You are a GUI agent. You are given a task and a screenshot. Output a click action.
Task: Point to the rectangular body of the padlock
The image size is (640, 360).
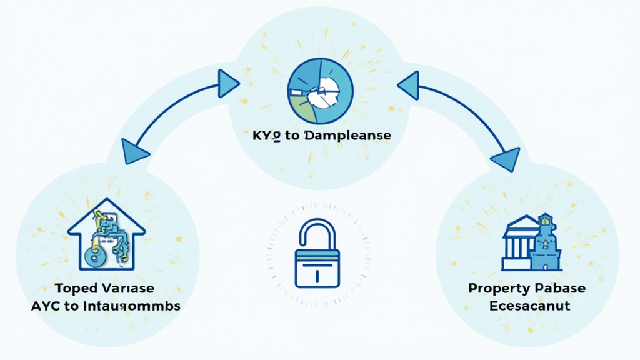tap(317, 268)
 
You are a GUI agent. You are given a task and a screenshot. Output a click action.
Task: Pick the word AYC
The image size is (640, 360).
tap(53, 306)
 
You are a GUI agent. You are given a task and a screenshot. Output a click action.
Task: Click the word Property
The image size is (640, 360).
tap(496, 288)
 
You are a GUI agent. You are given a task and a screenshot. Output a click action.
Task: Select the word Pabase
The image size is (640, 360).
tap(562, 288)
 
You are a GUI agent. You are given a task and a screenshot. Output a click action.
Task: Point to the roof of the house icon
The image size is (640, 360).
tap(106, 212)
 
